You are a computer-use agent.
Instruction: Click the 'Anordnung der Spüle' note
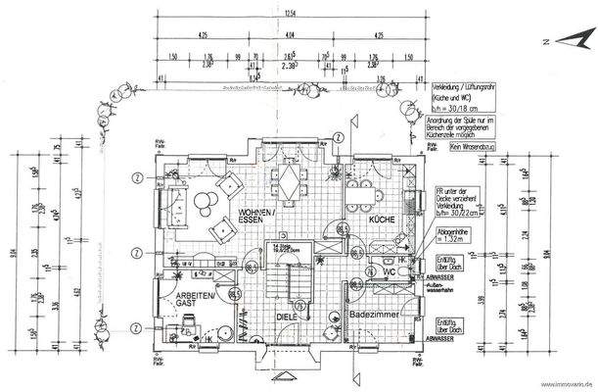tap(466, 122)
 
